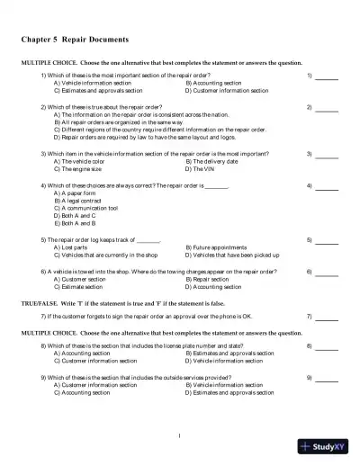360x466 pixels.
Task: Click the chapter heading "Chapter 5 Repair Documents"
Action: pos(76,40)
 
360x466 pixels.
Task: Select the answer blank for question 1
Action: pos(327,76)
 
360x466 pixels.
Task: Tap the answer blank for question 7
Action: pos(327,317)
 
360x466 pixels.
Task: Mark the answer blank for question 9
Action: pos(327,378)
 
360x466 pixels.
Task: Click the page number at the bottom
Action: pos(180,436)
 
